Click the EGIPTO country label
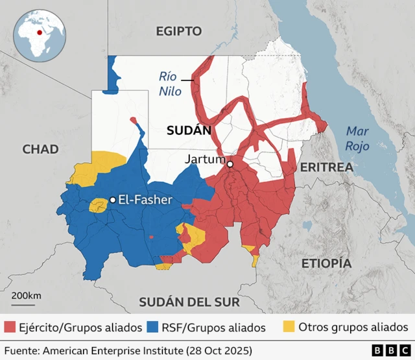[178, 31]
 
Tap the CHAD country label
[40, 149]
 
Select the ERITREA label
[326, 167]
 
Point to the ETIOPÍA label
[326, 263]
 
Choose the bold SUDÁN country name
[189, 130]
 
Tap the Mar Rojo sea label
[357, 138]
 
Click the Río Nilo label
[171, 84]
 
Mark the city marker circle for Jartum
[230, 165]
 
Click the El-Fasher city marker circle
[112, 200]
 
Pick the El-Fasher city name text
[145, 200]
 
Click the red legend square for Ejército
[10, 326]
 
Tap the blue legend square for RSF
[153, 326]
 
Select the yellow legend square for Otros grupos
[289, 326]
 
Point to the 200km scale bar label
[26, 296]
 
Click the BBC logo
[385, 350]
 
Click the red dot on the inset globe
[40, 32]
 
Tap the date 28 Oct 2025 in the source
[219, 350]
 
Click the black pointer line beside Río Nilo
[187, 80]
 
